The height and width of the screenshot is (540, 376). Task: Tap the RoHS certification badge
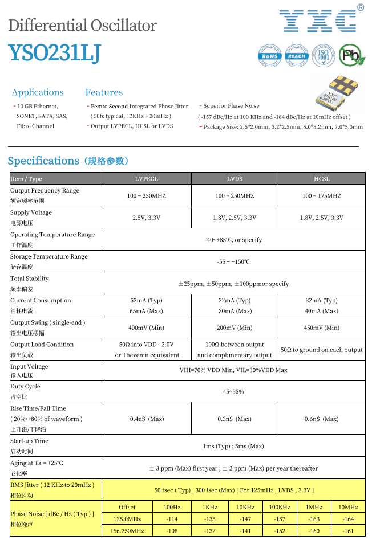tap(270, 55)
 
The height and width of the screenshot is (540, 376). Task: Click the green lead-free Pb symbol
tap(352, 55)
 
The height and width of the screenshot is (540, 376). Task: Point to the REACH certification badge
tap(297, 55)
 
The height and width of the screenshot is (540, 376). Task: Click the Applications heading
tap(38, 92)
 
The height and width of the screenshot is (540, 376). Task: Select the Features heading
tap(104, 92)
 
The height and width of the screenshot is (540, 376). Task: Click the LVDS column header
tap(235, 179)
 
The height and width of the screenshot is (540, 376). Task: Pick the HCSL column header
tap(322, 179)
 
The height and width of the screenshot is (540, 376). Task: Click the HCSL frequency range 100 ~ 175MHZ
tap(322, 195)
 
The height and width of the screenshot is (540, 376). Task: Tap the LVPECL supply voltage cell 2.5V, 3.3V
tap(146, 218)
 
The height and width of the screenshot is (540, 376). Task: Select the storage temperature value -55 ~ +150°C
tap(233, 261)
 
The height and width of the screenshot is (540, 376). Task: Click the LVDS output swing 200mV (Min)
tap(235, 328)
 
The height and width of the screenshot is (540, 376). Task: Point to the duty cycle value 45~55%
tap(233, 392)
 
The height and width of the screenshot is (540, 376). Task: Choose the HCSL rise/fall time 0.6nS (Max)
tap(322, 419)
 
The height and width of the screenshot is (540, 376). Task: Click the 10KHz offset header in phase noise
tap(245, 507)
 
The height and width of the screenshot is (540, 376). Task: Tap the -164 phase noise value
tap(347, 519)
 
